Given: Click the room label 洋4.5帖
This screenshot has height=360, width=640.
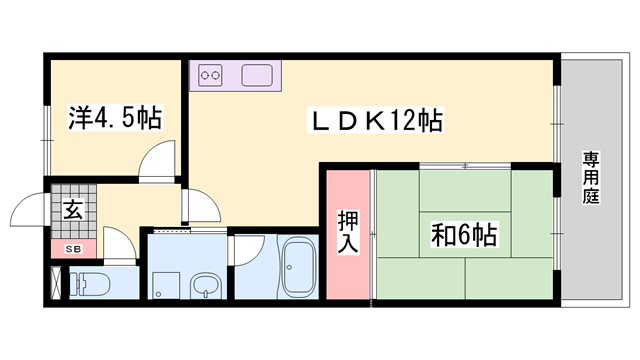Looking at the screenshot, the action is click(115, 118).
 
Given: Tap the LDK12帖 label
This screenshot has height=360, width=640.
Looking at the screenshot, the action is click(376, 120).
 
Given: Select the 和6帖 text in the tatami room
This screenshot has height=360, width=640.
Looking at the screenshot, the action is click(464, 235).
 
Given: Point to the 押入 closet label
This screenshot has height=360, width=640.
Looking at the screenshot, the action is click(348, 232).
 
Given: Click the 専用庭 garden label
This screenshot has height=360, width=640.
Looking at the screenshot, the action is click(591, 178).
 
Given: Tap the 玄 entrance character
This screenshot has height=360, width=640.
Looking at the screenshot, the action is click(73, 209).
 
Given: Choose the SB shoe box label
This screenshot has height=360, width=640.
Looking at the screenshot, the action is click(74, 249).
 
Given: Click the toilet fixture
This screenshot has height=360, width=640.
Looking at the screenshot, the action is click(90, 282).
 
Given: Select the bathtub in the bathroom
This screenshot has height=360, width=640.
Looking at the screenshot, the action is click(299, 267).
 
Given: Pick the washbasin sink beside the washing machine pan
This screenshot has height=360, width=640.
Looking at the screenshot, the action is click(206, 286).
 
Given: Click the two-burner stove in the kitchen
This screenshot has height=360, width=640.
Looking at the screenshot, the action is click(210, 75).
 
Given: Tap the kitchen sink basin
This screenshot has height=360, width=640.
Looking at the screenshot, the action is click(257, 75).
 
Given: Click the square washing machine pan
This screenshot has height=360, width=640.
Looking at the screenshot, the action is click(166, 285).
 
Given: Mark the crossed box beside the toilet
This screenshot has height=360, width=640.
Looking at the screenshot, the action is click(56, 282).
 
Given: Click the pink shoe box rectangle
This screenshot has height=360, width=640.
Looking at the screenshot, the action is click(74, 249).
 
